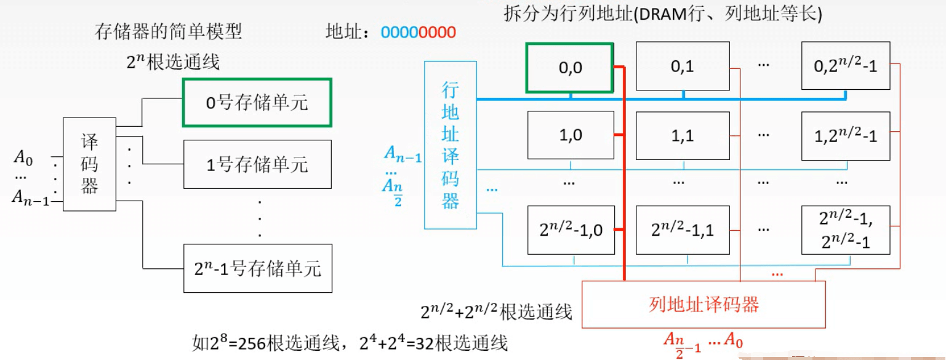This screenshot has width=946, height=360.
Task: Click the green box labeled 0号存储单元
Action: click(x=257, y=103)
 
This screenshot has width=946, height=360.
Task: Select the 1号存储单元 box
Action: click(x=257, y=164)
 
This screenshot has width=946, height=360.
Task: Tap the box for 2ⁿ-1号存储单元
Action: click(x=257, y=268)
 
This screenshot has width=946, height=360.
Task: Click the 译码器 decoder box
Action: click(x=89, y=164)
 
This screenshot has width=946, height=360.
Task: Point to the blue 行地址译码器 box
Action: click(x=451, y=145)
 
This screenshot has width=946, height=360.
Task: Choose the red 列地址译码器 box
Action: click(x=703, y=304)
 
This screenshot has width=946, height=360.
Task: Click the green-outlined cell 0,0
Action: click(x=569, y=68)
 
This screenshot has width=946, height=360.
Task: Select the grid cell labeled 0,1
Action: click(x=682, y=66)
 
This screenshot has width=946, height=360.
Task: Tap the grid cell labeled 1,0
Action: click(x=570, y=136)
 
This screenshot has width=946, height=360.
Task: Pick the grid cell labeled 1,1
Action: click(x=682, y=136)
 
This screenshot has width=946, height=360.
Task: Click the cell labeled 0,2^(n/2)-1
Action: click(x=846, y=66)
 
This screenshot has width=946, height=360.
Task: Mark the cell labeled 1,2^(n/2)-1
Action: click(x=846, y=136)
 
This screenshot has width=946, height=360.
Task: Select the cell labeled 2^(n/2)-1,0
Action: click(x=571, y=230)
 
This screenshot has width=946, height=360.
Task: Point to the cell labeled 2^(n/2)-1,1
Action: click(x=682, y=230)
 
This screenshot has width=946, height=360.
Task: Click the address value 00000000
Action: click(x=419, y=32)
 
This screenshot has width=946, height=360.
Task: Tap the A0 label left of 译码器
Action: click(x=23, y=159)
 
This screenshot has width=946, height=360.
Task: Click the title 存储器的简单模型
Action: click(x=168, y=31)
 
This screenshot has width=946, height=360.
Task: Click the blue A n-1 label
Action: click(x=403, y=155)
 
